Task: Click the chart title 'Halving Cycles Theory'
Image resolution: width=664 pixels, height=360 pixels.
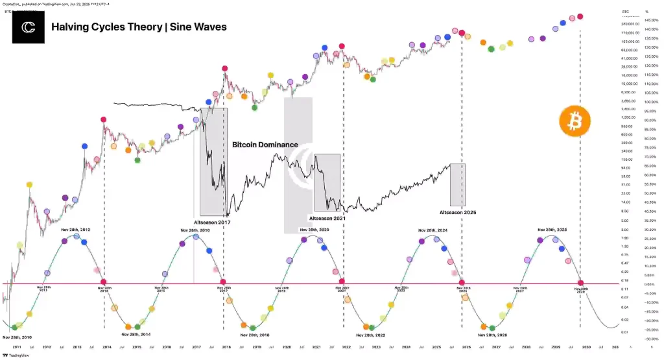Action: click(99, 27)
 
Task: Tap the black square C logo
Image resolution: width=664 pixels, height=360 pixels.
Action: click(28, 27)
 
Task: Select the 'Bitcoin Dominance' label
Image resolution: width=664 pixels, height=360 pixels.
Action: click(265, 145)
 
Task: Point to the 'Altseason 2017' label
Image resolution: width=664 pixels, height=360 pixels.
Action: click(212, 222)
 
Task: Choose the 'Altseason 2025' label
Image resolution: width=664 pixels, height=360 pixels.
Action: click(458, 212)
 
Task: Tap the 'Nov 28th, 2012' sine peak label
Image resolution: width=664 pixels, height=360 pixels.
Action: click(76, 230)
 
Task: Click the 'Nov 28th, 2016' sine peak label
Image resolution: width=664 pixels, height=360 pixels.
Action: click(195, 230)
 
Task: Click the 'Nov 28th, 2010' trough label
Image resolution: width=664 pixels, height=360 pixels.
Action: click(18, 337)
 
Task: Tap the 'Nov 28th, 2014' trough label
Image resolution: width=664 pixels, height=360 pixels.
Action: click(136, 335)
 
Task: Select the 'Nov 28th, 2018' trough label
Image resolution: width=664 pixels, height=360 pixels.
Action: click(255, 335)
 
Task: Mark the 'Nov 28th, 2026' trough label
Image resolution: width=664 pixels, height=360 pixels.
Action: click(493, 335)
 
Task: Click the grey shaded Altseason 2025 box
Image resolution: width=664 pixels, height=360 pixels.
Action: click(457, 184)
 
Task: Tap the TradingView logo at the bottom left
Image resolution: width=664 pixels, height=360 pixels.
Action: click(9, 355)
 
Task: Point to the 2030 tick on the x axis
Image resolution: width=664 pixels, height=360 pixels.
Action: click(585, 348)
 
